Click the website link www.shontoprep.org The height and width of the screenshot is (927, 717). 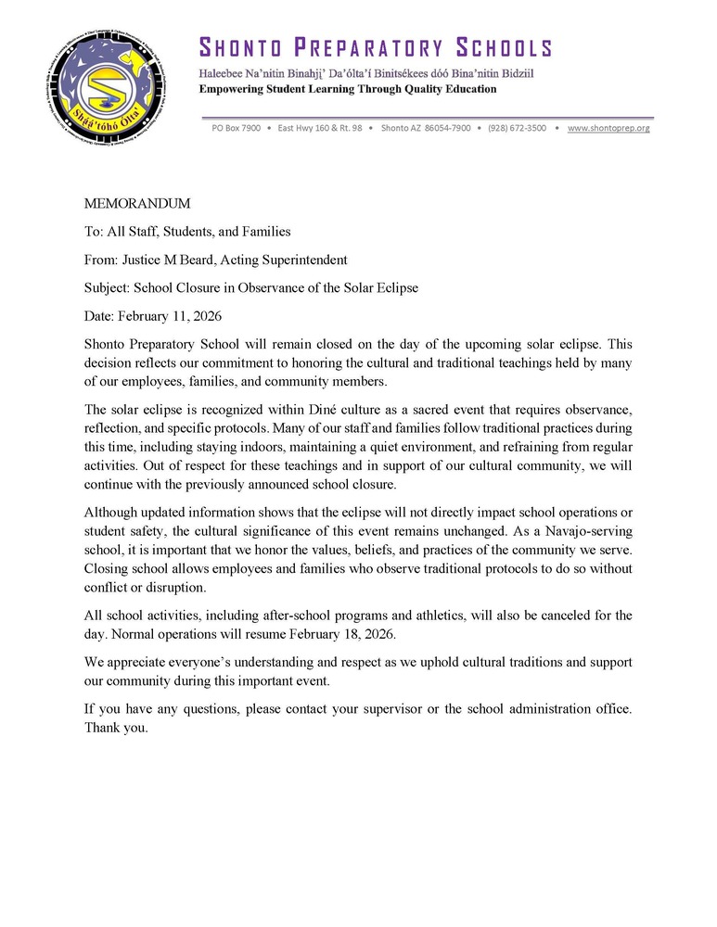coord(608,128)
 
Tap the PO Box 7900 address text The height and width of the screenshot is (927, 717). coord(237,128)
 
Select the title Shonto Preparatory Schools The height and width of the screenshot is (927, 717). coord(376,48)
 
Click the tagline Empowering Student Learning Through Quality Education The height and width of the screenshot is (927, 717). coord(348,89)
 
